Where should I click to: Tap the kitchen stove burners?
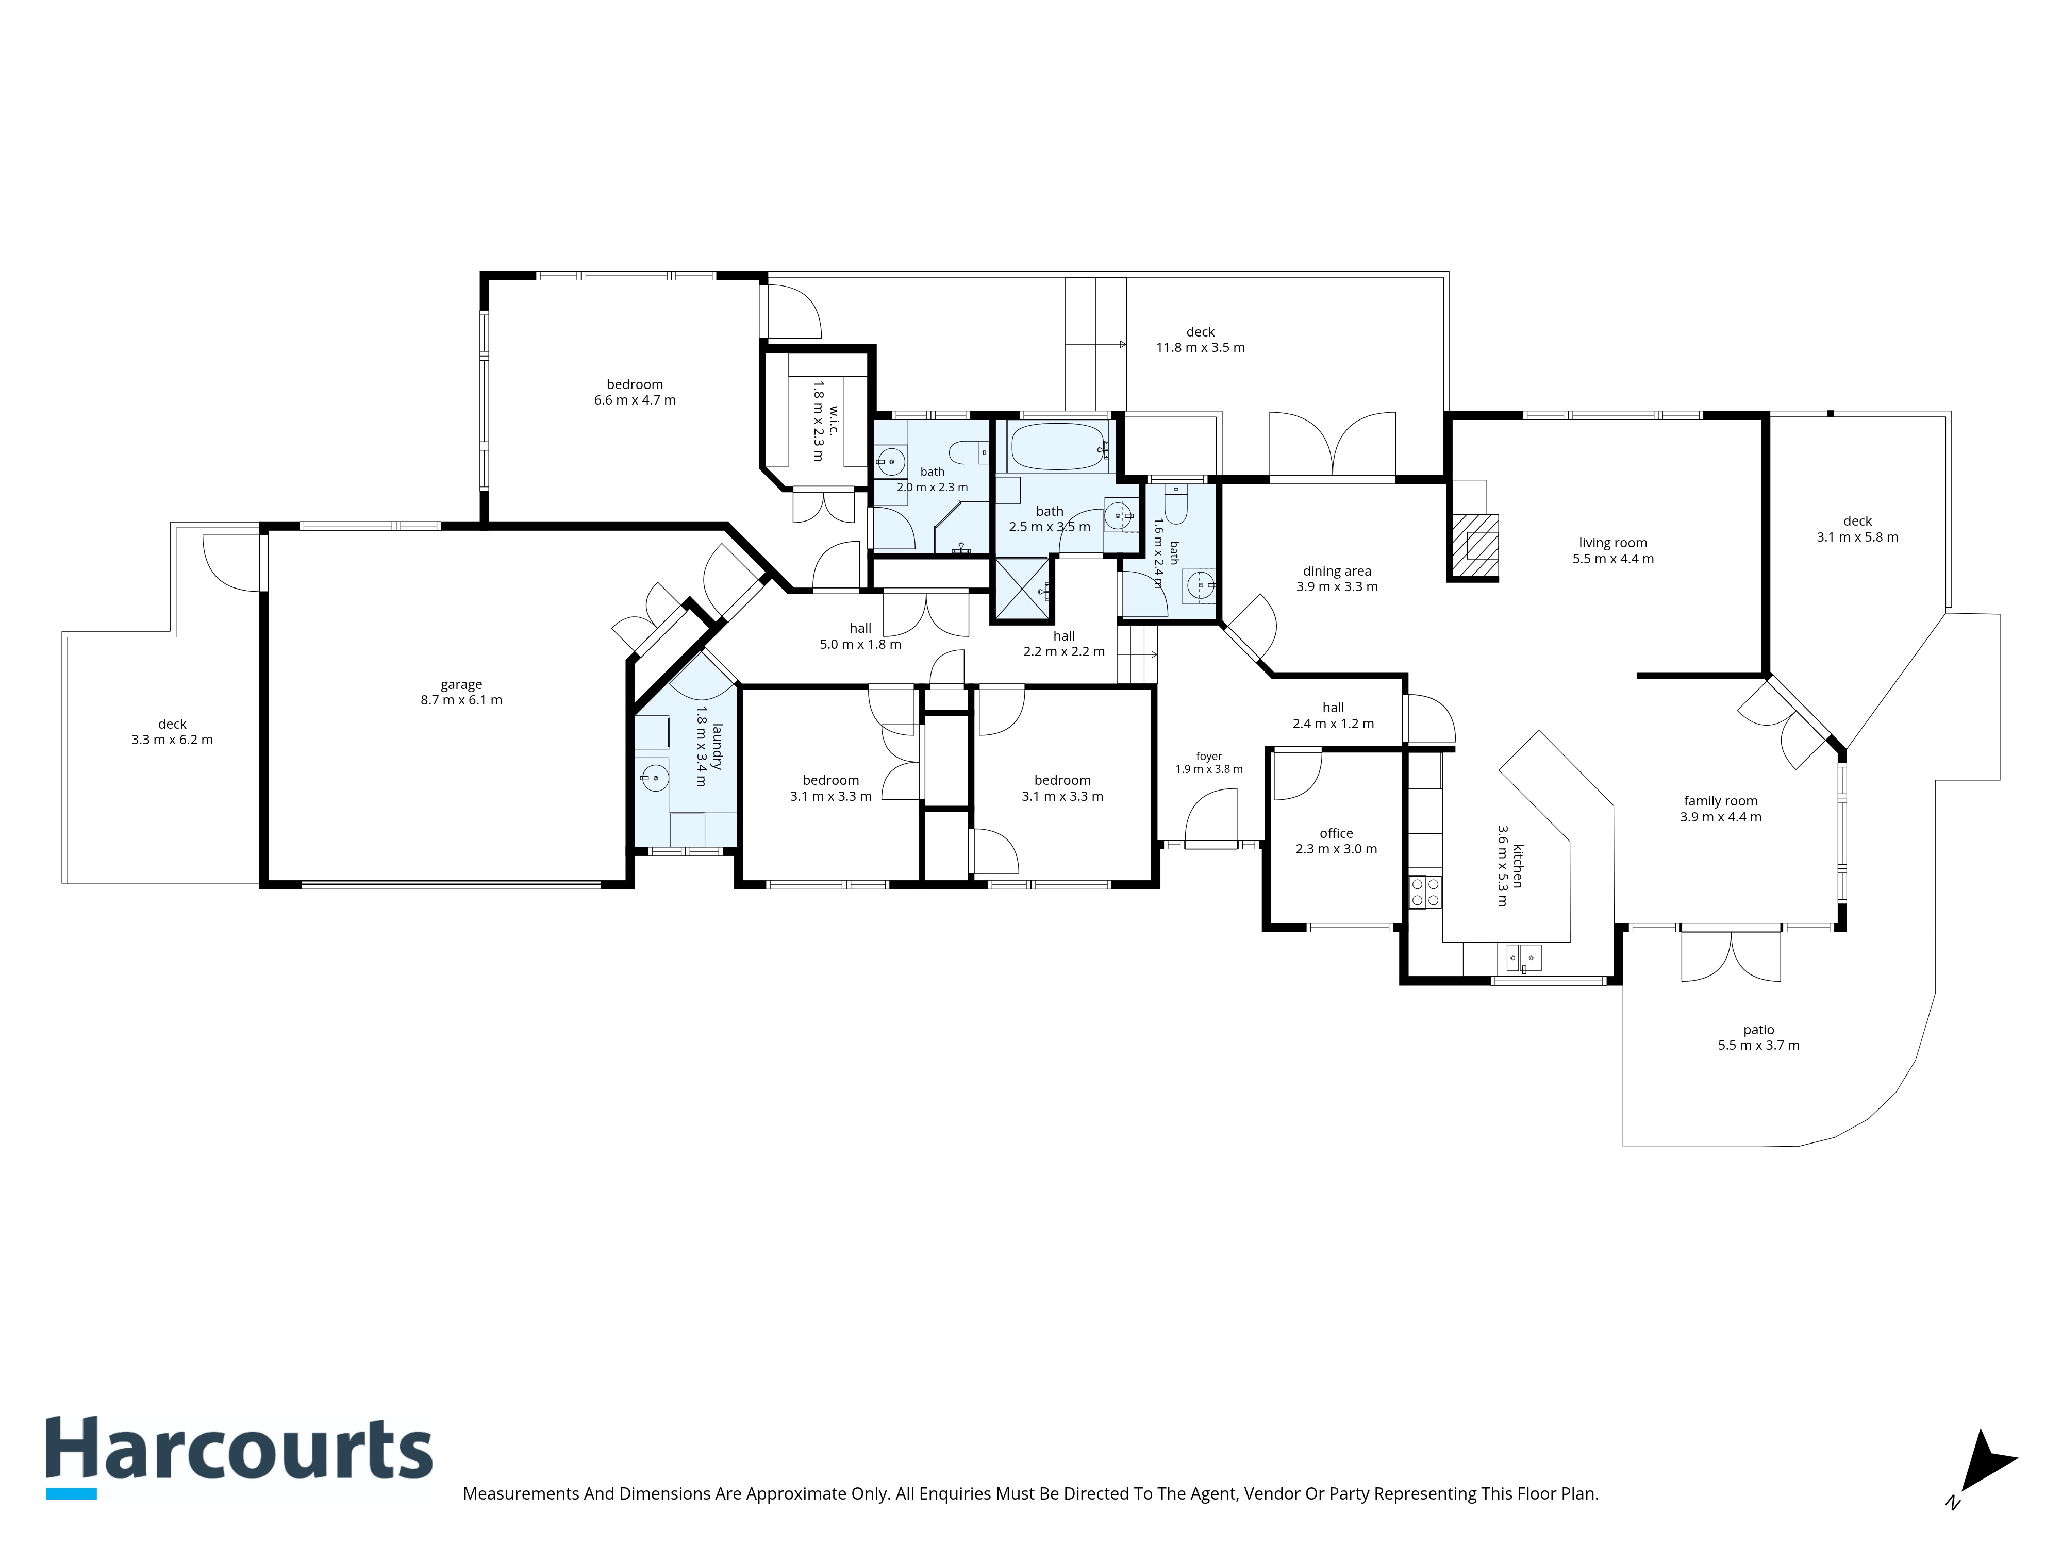pyautogui.click(x=1424, y=892)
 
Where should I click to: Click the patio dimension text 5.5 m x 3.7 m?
pyautogui.click(x=1759, y=1046)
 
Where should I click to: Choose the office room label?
pyautogui.click(x=1336, y=833)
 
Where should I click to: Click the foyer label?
pyautogui.click(x=1209, y=757)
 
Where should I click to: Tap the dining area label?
pyautogui.click(x=1337, y=571)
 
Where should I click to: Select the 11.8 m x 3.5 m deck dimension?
pyautogui.click(x=1201, y=348)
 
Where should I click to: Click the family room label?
pyautogui.click(x=1721, y=800)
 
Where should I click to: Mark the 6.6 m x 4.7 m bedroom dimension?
pyautogui.click(x=635, y=400)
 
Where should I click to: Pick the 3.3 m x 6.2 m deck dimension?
pyautogui.click(x=173, y=740)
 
